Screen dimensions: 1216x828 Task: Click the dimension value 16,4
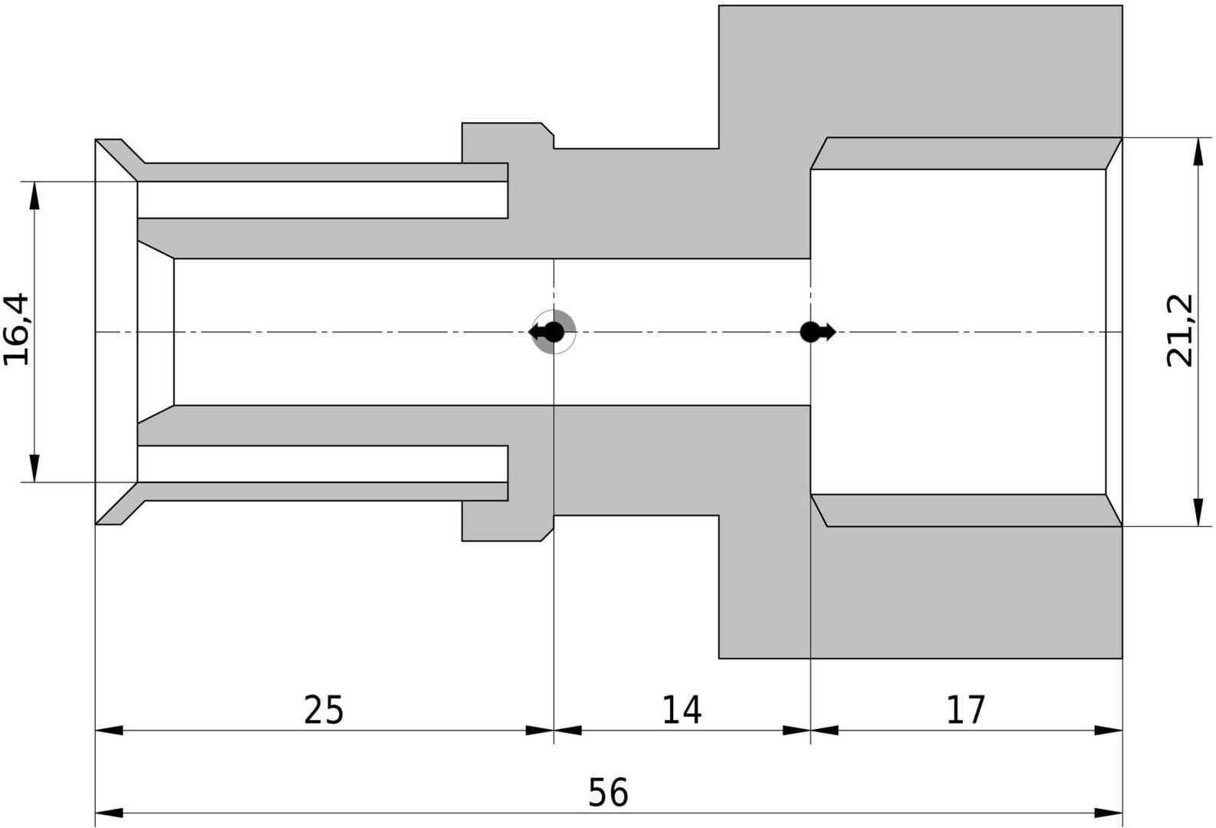pos(16,329)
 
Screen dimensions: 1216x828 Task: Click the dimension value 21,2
pos(1180,330)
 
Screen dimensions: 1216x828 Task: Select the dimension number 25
pos(324,710)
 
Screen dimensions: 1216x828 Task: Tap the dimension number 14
pos(682,710)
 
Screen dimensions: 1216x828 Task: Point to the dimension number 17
pos(966,710)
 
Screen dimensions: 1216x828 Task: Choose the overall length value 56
pos(608,793)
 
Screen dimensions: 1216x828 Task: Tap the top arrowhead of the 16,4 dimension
pos(35,195)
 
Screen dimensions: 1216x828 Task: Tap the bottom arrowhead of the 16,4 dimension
pos(35,468)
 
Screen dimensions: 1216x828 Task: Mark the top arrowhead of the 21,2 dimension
pos(1198,151)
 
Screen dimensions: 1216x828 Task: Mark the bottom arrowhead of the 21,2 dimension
pos(1198,513)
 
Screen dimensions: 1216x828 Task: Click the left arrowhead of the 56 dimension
pos(109,813)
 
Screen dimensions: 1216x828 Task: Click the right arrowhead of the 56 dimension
pos(1109,813)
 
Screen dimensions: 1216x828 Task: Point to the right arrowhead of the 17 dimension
pos(1109,731)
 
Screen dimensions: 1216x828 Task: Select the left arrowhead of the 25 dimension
pos(109,731)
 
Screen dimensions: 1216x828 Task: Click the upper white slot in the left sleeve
pos(323,200)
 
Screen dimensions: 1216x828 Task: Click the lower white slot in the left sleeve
pos(323,464)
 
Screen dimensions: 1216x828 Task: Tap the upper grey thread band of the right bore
pos(966,153)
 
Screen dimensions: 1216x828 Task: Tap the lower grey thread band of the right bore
pos(966,511)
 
